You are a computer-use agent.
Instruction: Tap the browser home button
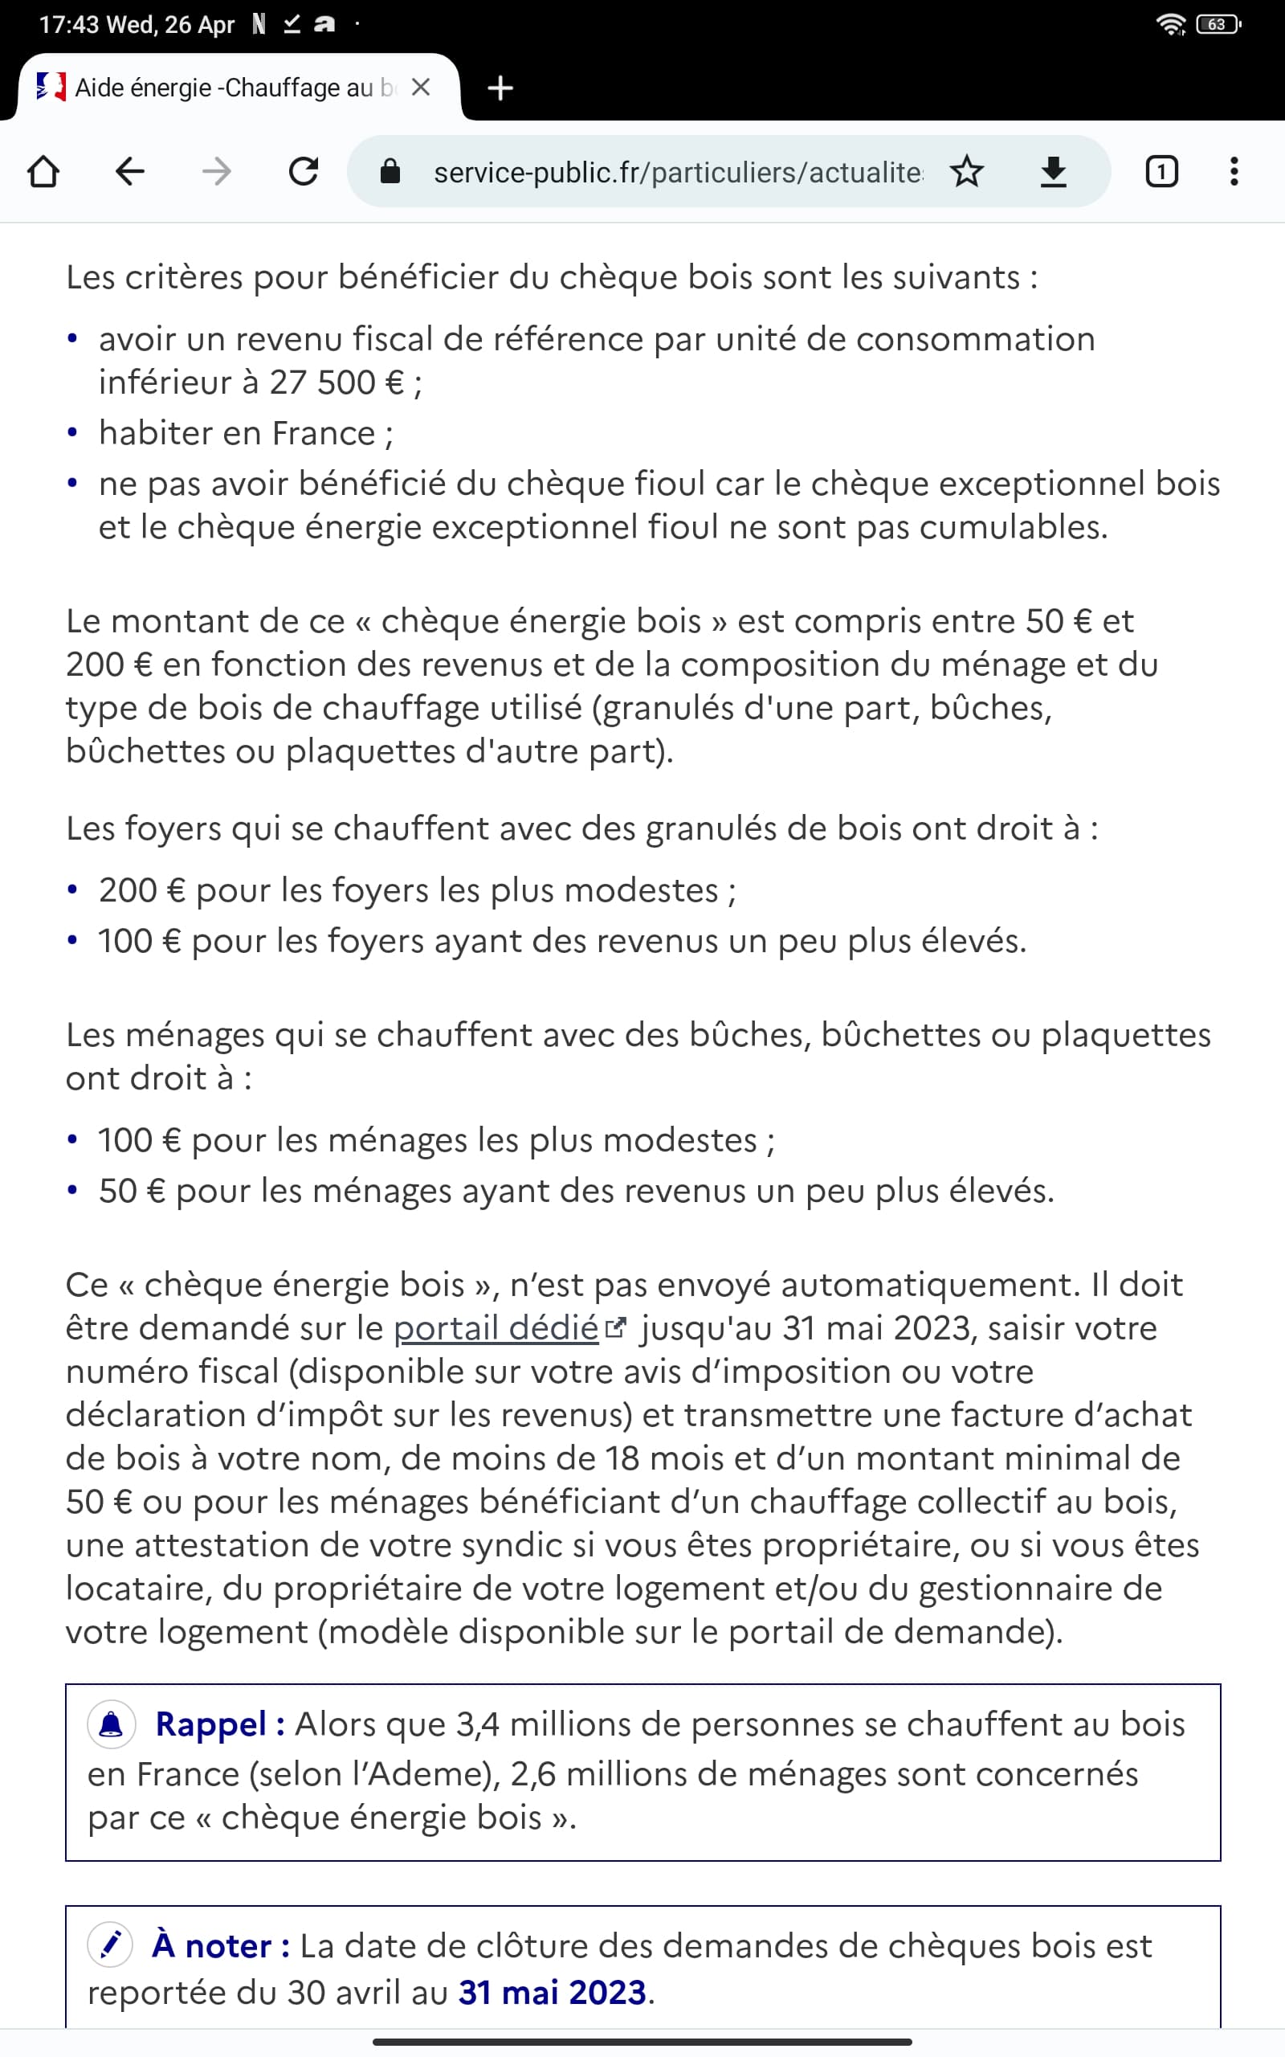pos(43,172)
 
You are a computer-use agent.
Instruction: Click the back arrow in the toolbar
pos(129,172)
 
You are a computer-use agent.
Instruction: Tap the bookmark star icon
pos(966,172)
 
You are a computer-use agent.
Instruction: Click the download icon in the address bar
pos(1053,172)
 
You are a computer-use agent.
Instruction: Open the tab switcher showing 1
pos(1161,172)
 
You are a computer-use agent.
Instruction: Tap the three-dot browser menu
pos(1234,172)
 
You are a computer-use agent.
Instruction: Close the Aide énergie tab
pos(421,88)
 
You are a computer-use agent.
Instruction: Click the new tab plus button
pos(500,88)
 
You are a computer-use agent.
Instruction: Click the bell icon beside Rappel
pos(112,1724)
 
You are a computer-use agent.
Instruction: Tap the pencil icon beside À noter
pos(111,1945)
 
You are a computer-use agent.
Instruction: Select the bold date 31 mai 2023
pos(553,1993)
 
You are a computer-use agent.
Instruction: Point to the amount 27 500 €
pos(337,382)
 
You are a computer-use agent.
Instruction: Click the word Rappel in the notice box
pos(210,1724)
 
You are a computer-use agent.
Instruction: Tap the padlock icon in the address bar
pos(390,172)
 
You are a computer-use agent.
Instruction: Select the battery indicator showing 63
pos(1217,25)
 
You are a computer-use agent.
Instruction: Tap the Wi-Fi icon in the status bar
pos(1171,25)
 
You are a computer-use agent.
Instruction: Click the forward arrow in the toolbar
pos(217,172)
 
